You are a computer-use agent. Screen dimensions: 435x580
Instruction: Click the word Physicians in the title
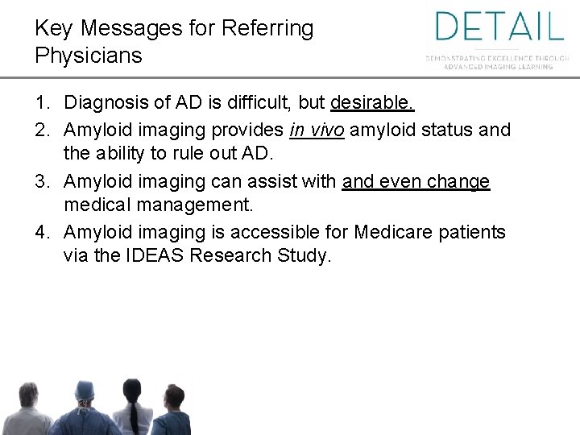click(89, 56)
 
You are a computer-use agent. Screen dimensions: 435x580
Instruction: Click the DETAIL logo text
click(499, 27)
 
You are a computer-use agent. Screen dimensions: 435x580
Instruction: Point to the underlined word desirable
click(372, 103)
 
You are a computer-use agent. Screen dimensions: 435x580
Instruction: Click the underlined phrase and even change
click(416, 182)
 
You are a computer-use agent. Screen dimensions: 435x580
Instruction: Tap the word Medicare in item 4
click(397, 233)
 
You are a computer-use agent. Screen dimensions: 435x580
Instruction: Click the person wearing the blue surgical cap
click(84, 407)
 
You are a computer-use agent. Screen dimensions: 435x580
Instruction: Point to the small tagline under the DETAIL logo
click(498, 62)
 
